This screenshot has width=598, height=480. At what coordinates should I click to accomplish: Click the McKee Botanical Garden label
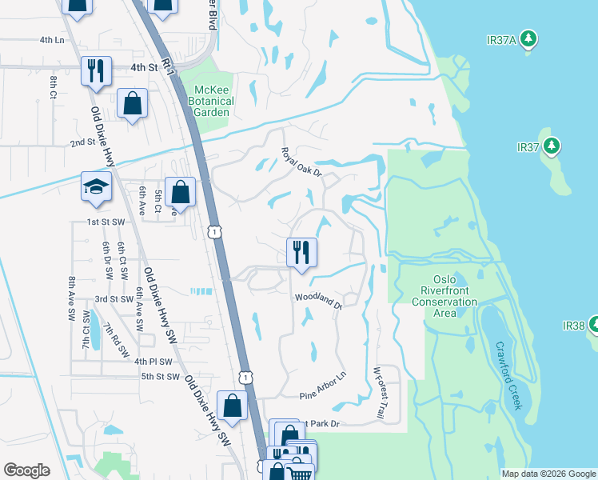click(x=211, y=102)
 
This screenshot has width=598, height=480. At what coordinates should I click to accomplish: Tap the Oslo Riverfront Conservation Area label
click(x=445, y=296)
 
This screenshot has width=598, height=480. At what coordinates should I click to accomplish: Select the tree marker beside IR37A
click(x=528, y=38)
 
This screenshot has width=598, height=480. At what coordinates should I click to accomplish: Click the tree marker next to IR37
click(x=551, y=146)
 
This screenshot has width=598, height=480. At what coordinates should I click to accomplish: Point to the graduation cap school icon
click(x=96, y=188)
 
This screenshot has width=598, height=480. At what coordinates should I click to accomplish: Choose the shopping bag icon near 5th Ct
click(x=181, y=192)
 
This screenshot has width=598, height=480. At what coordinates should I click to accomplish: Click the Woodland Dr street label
click(x=319, y=300)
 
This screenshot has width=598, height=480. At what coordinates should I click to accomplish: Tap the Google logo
click(x=26, y=470)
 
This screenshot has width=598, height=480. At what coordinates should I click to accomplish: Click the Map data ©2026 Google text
click(x=548, y=474)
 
